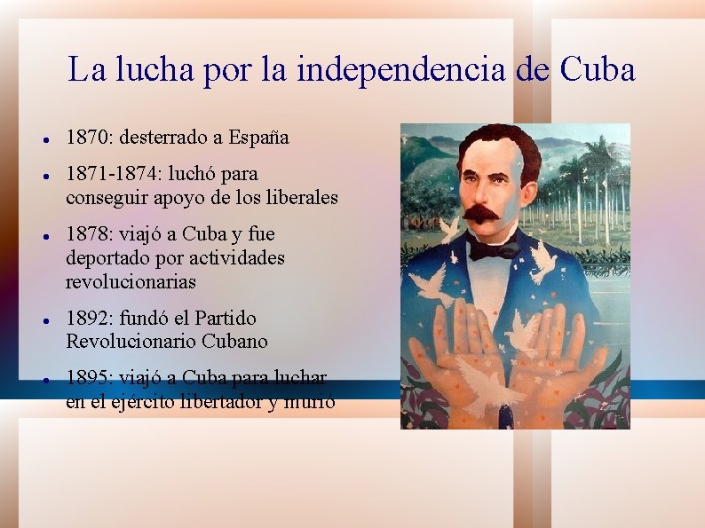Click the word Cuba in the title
click(597, 69)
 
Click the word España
click(258, 138)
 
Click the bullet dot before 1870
click(44, 140)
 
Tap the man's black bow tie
click(494, 249)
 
